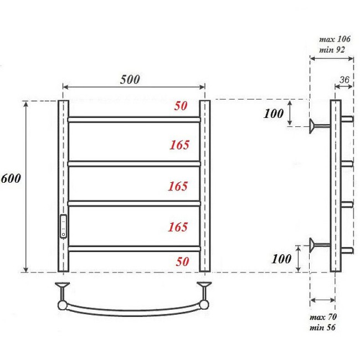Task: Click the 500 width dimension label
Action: [130, 79]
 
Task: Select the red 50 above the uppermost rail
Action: [181, 106]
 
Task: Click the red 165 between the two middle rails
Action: [178, 186]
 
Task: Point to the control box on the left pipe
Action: [64, 226]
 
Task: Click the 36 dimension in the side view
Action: [343, 80]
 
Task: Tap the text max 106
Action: [335, 40]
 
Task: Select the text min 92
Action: [332, 49]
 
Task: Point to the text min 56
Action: [323, 327]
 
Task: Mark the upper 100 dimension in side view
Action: [274, 115]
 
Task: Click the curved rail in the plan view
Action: [133, 311]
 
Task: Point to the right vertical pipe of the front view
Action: [205, 186]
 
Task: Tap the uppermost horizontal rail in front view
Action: [133, 119]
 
